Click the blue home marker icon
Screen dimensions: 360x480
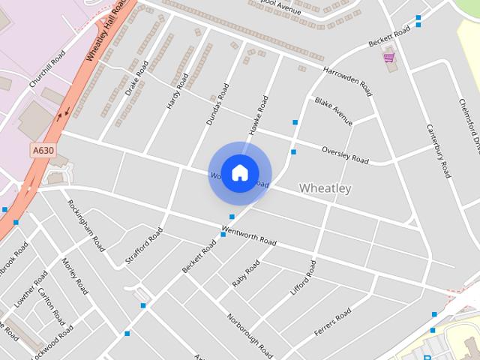pyautogui.click(x=239, y=172)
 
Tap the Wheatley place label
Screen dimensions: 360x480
pyautogui.click(x=325, y=188)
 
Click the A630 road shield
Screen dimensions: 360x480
pyautogui.click(x=43, y=151)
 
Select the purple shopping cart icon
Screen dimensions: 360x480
pyautogui.click(x=388, y=57)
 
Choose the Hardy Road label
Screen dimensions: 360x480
pyautogui.click(x=175, y=94)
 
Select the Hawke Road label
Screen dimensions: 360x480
pyautogui.click(x=259, y=114)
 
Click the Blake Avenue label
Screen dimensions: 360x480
pyautogui.click(x=334, y=111)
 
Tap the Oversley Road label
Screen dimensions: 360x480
pyautogui.click(x=345, y=154)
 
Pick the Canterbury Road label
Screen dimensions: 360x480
pyautogui.click(x=437, y=150)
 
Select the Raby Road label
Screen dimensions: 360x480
pyautogui.click(x=246, y=273)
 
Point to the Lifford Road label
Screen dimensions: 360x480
pyautogui.click(x=304, y=278)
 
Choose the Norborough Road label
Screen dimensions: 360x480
pyautogui.click(x=250, y=332)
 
